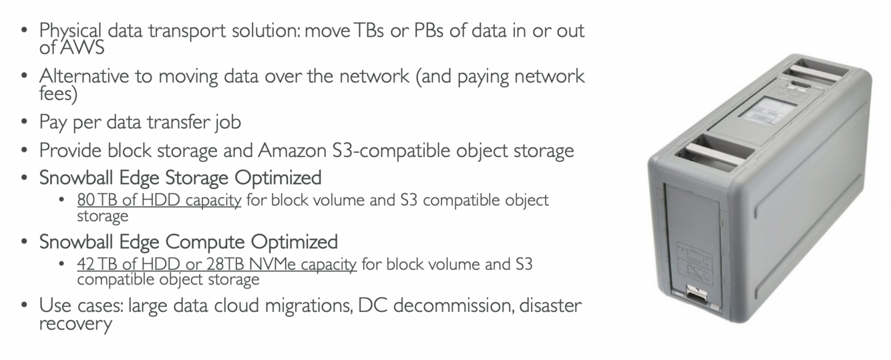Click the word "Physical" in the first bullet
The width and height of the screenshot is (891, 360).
(x=70, y=31)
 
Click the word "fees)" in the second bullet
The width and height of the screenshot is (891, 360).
(x=58, y=94)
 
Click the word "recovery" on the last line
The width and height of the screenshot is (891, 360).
(x=75, y=325)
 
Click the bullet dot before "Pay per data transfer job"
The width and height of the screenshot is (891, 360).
(x=25, y=123)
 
